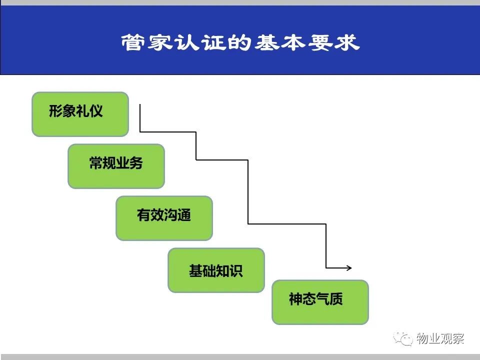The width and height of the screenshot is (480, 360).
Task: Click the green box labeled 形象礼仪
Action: (80, 114)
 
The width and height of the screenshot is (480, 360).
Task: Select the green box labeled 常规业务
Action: (116, 166)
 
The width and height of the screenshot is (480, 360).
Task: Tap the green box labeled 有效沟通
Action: (164, 218)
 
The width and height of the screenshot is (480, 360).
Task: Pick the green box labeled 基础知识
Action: (216, 270)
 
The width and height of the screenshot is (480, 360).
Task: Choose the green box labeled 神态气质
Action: (320, 302)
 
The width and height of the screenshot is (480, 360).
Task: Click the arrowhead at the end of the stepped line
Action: (349, 268)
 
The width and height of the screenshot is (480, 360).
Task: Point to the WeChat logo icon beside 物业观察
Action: (403, 338)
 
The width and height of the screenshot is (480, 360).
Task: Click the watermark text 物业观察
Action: (440, 338)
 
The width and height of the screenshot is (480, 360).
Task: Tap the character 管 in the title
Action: (132, 42)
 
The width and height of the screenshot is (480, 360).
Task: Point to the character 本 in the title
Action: (293, 42)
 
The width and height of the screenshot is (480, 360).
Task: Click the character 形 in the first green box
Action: (55, 111)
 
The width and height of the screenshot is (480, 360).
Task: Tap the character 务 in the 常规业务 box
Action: (136, 163)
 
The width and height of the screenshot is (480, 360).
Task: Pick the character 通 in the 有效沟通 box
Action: (184, 215)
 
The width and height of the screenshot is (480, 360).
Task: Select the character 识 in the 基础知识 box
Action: (236, 271)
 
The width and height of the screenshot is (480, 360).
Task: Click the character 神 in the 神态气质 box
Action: (295, 299)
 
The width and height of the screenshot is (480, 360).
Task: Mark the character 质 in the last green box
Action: (336, 299)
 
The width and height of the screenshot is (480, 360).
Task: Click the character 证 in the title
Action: (213, 42)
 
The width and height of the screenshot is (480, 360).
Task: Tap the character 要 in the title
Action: (320, 42)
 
